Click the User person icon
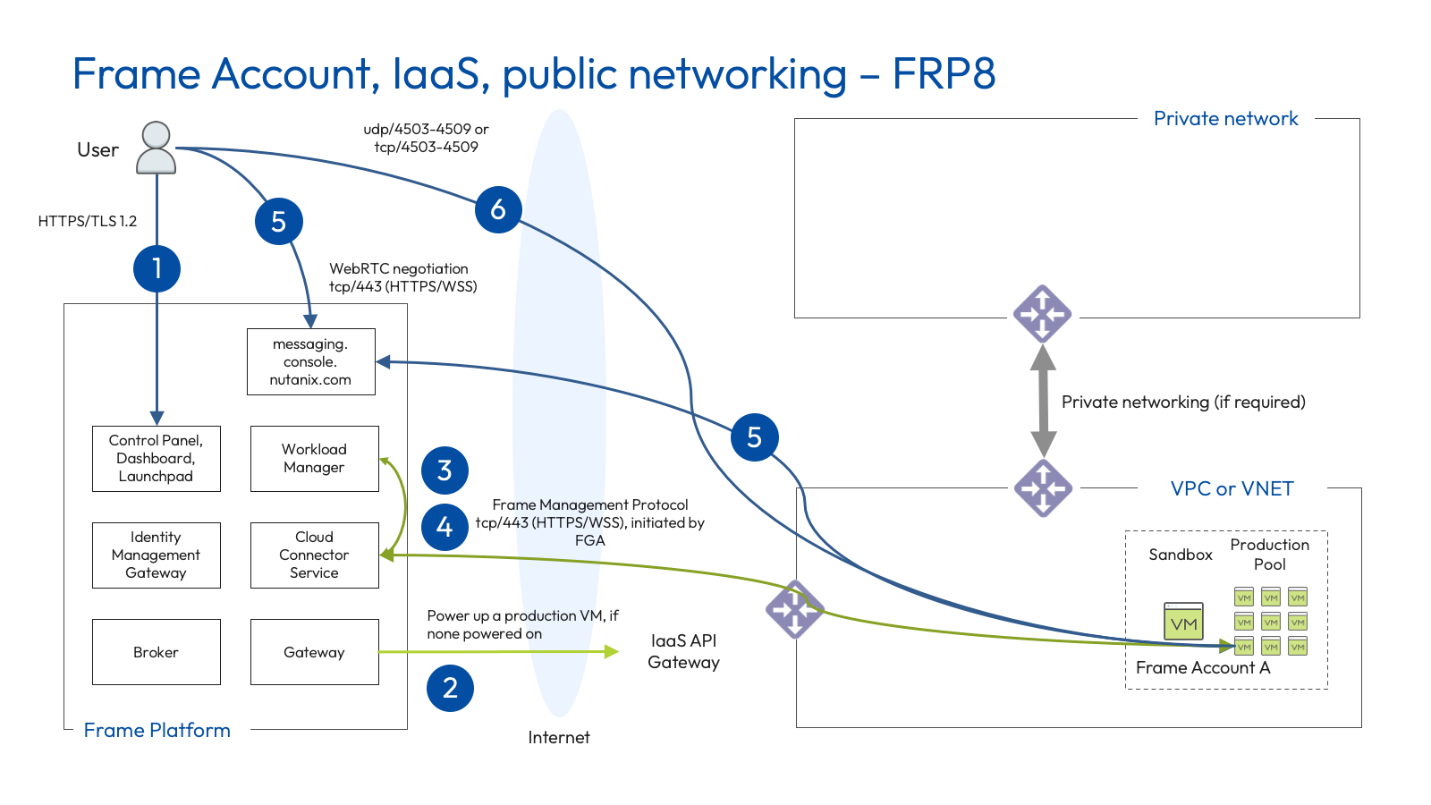coord(156,148)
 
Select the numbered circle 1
coord(157,268)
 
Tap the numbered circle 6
coord(498,209)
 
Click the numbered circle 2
coord(450,688)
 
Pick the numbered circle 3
coord(445,470)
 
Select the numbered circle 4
coord(445,527)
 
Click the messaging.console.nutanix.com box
coord(310,361)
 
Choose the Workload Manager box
coord(314,458)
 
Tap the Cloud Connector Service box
coord(314,555)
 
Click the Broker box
coord(156,652)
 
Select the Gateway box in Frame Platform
coord(314,652)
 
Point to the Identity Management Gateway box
coord(156,555)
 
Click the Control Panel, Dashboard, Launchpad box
coord(156,458)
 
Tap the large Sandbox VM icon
coord(1183,622)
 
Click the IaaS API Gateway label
coord(683,651)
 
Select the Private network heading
coord(1225,119)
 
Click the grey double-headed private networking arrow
coord(1043,402)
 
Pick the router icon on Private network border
coord(1043,314)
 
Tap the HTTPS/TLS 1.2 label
coord(87,221)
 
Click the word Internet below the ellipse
coord(558,737)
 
